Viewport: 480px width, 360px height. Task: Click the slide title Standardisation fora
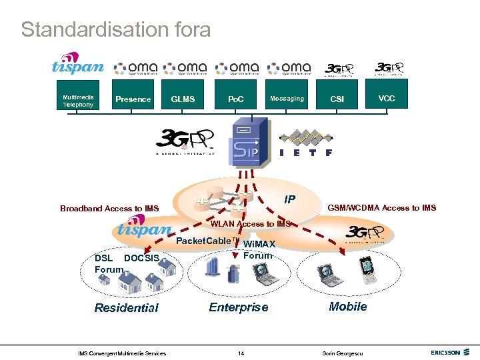115,30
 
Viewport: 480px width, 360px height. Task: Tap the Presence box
133,99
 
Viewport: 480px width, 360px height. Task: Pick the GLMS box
183,99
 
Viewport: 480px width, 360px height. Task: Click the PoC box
236,99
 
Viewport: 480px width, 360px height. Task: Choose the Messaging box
287,99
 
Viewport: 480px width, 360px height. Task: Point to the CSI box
337,99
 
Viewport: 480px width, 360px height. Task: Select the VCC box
387,99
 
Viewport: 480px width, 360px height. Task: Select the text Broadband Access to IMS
109,209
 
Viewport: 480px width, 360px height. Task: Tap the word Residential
126,308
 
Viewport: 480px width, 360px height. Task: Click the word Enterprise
239,307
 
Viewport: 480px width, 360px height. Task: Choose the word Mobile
347,307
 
